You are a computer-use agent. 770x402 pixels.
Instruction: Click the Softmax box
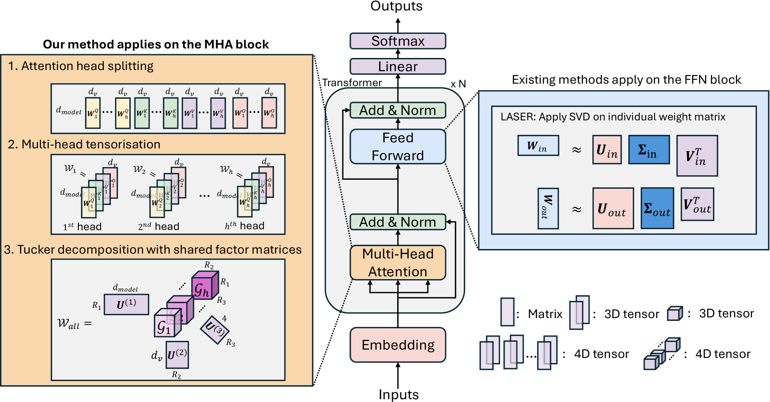pos(398,41)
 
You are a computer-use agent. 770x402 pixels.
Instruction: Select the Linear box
pos(398,66)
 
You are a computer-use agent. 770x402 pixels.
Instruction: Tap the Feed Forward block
pos(398,147)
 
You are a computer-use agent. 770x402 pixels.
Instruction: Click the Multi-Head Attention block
pos(398,262)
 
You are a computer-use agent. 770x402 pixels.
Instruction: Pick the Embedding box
pos(398,345)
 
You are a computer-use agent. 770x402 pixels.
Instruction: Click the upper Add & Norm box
pos(398,110)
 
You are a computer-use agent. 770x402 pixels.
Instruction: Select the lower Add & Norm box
pos(398,222)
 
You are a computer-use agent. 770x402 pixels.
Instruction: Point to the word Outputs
pos(396,6)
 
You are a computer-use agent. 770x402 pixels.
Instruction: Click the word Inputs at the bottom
pos(399,395)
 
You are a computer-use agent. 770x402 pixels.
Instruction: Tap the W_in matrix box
pos(538,146)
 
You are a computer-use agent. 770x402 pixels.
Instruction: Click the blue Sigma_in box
pos(649,150)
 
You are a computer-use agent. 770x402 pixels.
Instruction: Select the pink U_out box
pos(613,208)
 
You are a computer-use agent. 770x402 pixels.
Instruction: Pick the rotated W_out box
pos(548,208)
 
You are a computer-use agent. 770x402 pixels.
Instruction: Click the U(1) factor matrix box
pos(127,304)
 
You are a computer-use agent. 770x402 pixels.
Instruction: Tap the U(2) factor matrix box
pos(177,355)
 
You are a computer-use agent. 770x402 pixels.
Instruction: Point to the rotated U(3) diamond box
pos(215,330)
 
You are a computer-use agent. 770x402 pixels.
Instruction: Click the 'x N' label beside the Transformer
pos(458,84)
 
